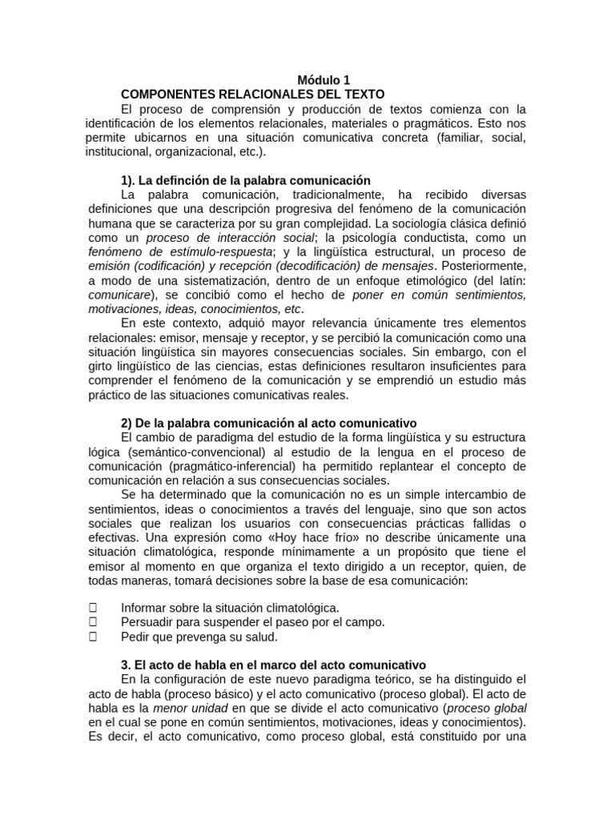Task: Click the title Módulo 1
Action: (324, 80)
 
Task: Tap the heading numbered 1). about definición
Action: (246, 180)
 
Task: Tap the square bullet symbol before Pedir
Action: (93, 637)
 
